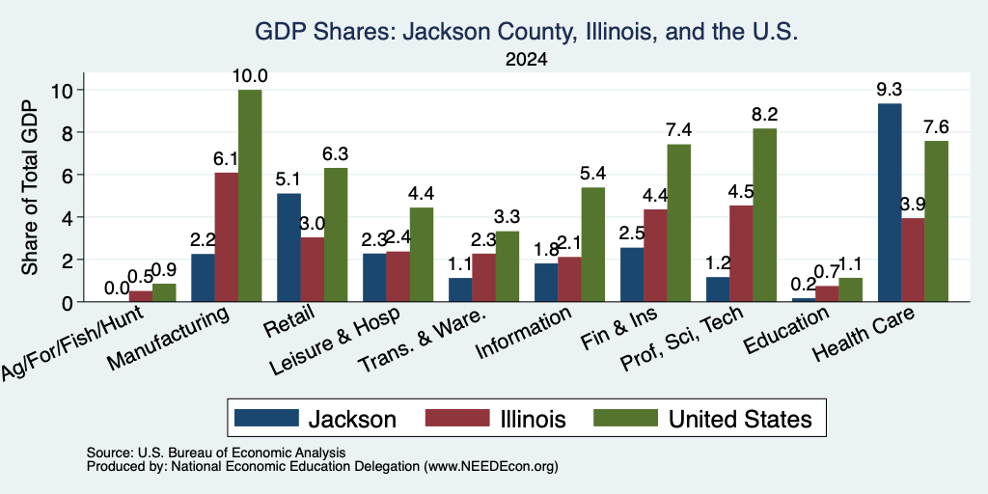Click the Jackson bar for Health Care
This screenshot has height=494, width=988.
889,203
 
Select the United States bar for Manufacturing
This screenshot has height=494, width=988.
250,195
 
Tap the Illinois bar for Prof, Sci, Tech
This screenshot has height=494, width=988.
741,254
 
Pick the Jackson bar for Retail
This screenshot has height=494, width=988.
288,248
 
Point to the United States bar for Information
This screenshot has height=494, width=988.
593,244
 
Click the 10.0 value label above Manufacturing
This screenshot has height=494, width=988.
250,77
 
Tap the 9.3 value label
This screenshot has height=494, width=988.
889,90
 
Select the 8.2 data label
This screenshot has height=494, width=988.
764,115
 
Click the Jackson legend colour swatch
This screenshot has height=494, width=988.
266,418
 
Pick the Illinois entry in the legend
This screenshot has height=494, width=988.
495,419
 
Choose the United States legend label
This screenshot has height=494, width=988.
740,419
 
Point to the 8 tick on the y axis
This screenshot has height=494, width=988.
68,132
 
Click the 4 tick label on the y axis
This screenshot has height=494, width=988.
68,217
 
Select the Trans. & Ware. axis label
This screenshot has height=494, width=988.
423,341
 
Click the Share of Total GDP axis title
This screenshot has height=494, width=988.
30,186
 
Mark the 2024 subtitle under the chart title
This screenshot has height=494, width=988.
526,60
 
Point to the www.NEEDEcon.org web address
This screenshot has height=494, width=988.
491,467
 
